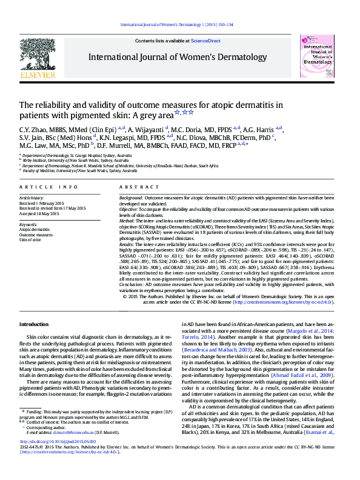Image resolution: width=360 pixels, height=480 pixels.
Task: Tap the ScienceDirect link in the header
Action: (x=205, y=41)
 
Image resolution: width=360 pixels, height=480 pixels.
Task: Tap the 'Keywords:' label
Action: (x=28, y=225)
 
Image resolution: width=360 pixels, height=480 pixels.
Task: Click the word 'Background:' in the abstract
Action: (x=131, y=198)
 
